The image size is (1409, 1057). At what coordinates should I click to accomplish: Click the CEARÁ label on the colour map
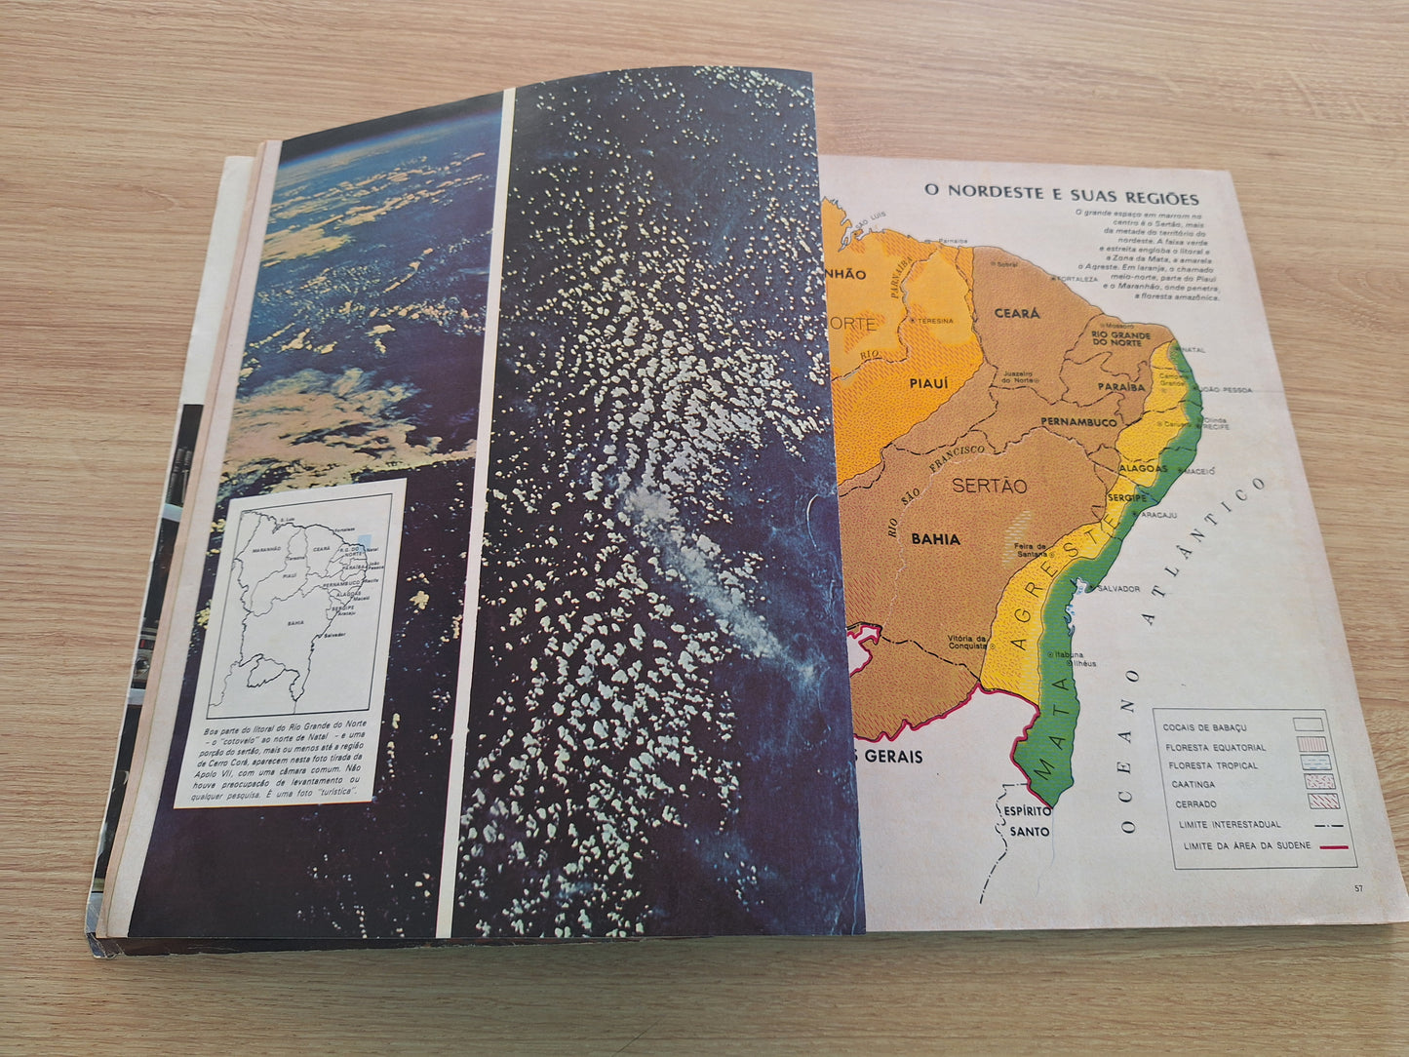coord(1017,314)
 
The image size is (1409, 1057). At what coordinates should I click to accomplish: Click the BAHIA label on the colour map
coord(935,538)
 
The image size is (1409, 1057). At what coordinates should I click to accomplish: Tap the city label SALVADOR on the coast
coord(1119,589)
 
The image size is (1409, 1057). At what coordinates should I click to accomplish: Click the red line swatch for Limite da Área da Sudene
coord(1333,846)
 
